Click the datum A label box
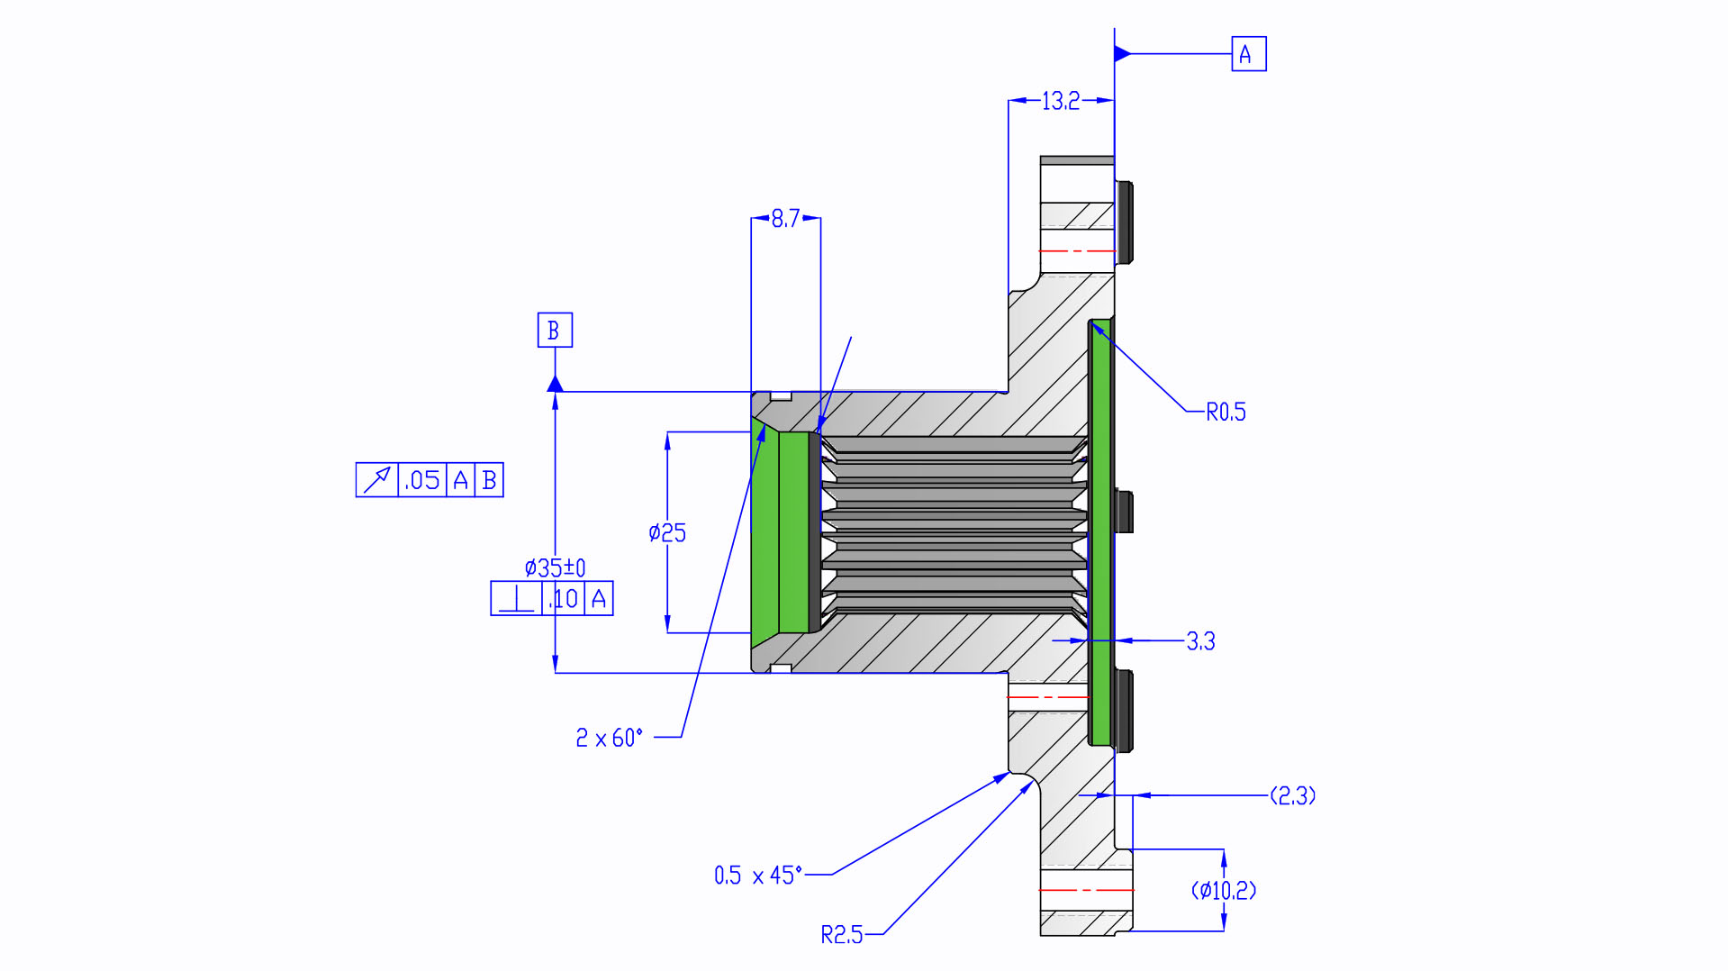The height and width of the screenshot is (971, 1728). point(1248,54)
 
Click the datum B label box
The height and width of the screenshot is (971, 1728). point(555,330)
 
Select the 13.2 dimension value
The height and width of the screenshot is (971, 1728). point(1060,101)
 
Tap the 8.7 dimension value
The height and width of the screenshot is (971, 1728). point(785,218)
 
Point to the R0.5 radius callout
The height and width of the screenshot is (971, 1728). point(1226,412)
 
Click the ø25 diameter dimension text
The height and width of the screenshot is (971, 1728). point(667,532)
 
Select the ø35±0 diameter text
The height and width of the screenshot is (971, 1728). point(555,567)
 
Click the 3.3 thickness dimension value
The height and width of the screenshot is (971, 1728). point(1200,640)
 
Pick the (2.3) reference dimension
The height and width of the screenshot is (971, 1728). point(1292,795)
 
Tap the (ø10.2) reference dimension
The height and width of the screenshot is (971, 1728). point(1224,890)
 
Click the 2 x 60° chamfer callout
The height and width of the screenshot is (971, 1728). point(610,738)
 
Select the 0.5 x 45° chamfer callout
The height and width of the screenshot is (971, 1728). point(757,875)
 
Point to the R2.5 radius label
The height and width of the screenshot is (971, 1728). point(841,935)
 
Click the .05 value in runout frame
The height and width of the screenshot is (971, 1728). point(422,480)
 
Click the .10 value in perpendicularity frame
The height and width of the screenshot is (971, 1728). point(564,599)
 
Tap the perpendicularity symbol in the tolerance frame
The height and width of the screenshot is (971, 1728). point(516,599)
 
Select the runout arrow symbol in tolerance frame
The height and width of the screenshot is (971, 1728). point(376,480)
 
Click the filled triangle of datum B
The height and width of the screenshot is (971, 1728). point(555,385)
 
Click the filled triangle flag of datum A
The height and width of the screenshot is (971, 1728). point(1122,54)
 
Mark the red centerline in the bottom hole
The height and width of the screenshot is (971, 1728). point(1085,890)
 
